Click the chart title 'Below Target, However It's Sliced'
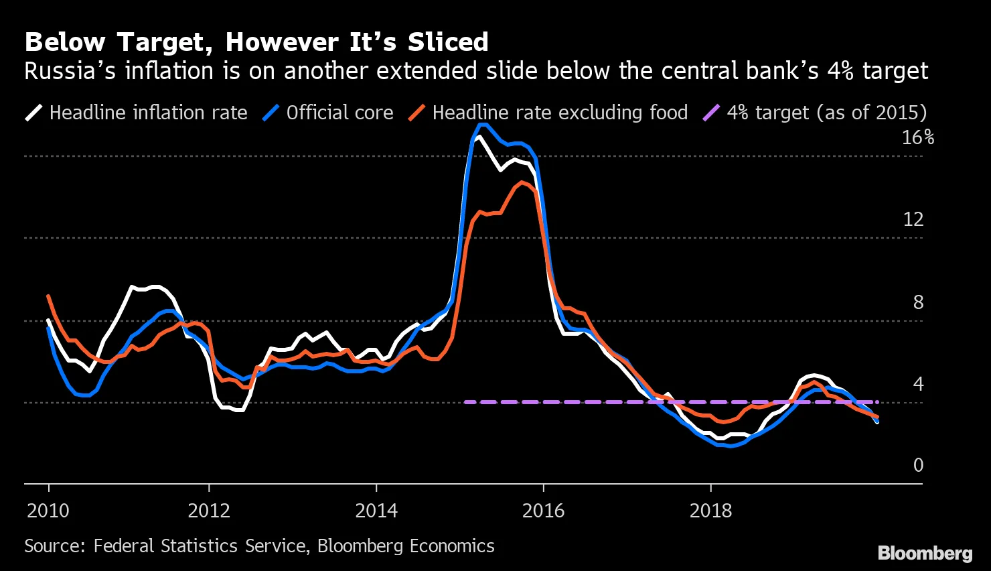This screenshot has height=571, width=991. pyautogui.click(x=256, y=42)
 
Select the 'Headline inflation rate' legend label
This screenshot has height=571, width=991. pyautogui.click(x=148, y=113)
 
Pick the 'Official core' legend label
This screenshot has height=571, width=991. pyautogui.click(x=339, y=113)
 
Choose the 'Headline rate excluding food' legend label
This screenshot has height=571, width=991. pyautogui.click(x=560, y=113)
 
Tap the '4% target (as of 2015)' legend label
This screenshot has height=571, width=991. pyautogui.click(x=827, y=113)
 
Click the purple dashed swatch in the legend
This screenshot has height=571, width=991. pyautogui.click(x=710, y=113)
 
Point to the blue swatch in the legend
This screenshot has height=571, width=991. pyautogui.click(x=270, y=113)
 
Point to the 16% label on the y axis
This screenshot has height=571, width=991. pyautogui.click(x=917, y=137)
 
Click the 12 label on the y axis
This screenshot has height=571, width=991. pyautogui.click(x=913, y=219)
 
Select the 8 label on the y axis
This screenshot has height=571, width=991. pyautogui.click(x=918, y=302)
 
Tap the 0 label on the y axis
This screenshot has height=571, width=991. pyautogui.click(x=918, y=465)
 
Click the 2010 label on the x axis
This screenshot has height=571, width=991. pyautogui.click(x=48, y=511)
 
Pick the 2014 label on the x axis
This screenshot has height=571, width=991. pyautogui.click(x=376, y=511)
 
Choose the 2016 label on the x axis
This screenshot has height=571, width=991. pyautogui.click(x=543, y=511)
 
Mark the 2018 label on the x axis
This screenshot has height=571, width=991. pyautogui.click(x=710, y=511)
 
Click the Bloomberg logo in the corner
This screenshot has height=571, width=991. pyautogui.click(x=925, y=553)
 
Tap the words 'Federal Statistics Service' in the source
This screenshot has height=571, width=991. pyautogui.click(x=200, y=546)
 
